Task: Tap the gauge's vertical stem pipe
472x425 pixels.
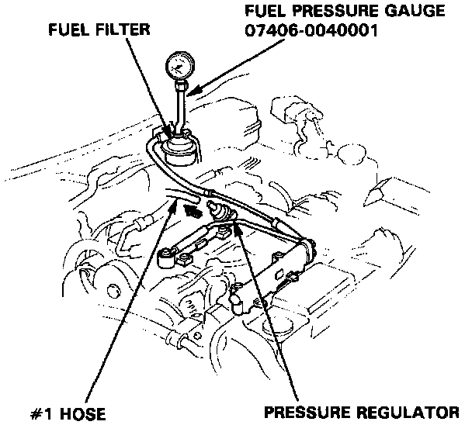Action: [x=181, y=105]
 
